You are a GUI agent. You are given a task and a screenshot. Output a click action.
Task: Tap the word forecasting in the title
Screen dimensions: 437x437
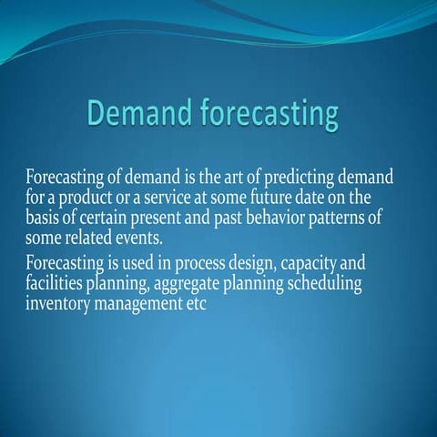(265, 117)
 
